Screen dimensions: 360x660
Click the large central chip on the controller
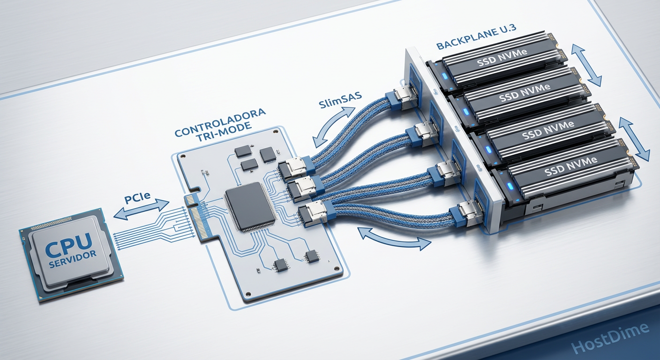250,206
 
